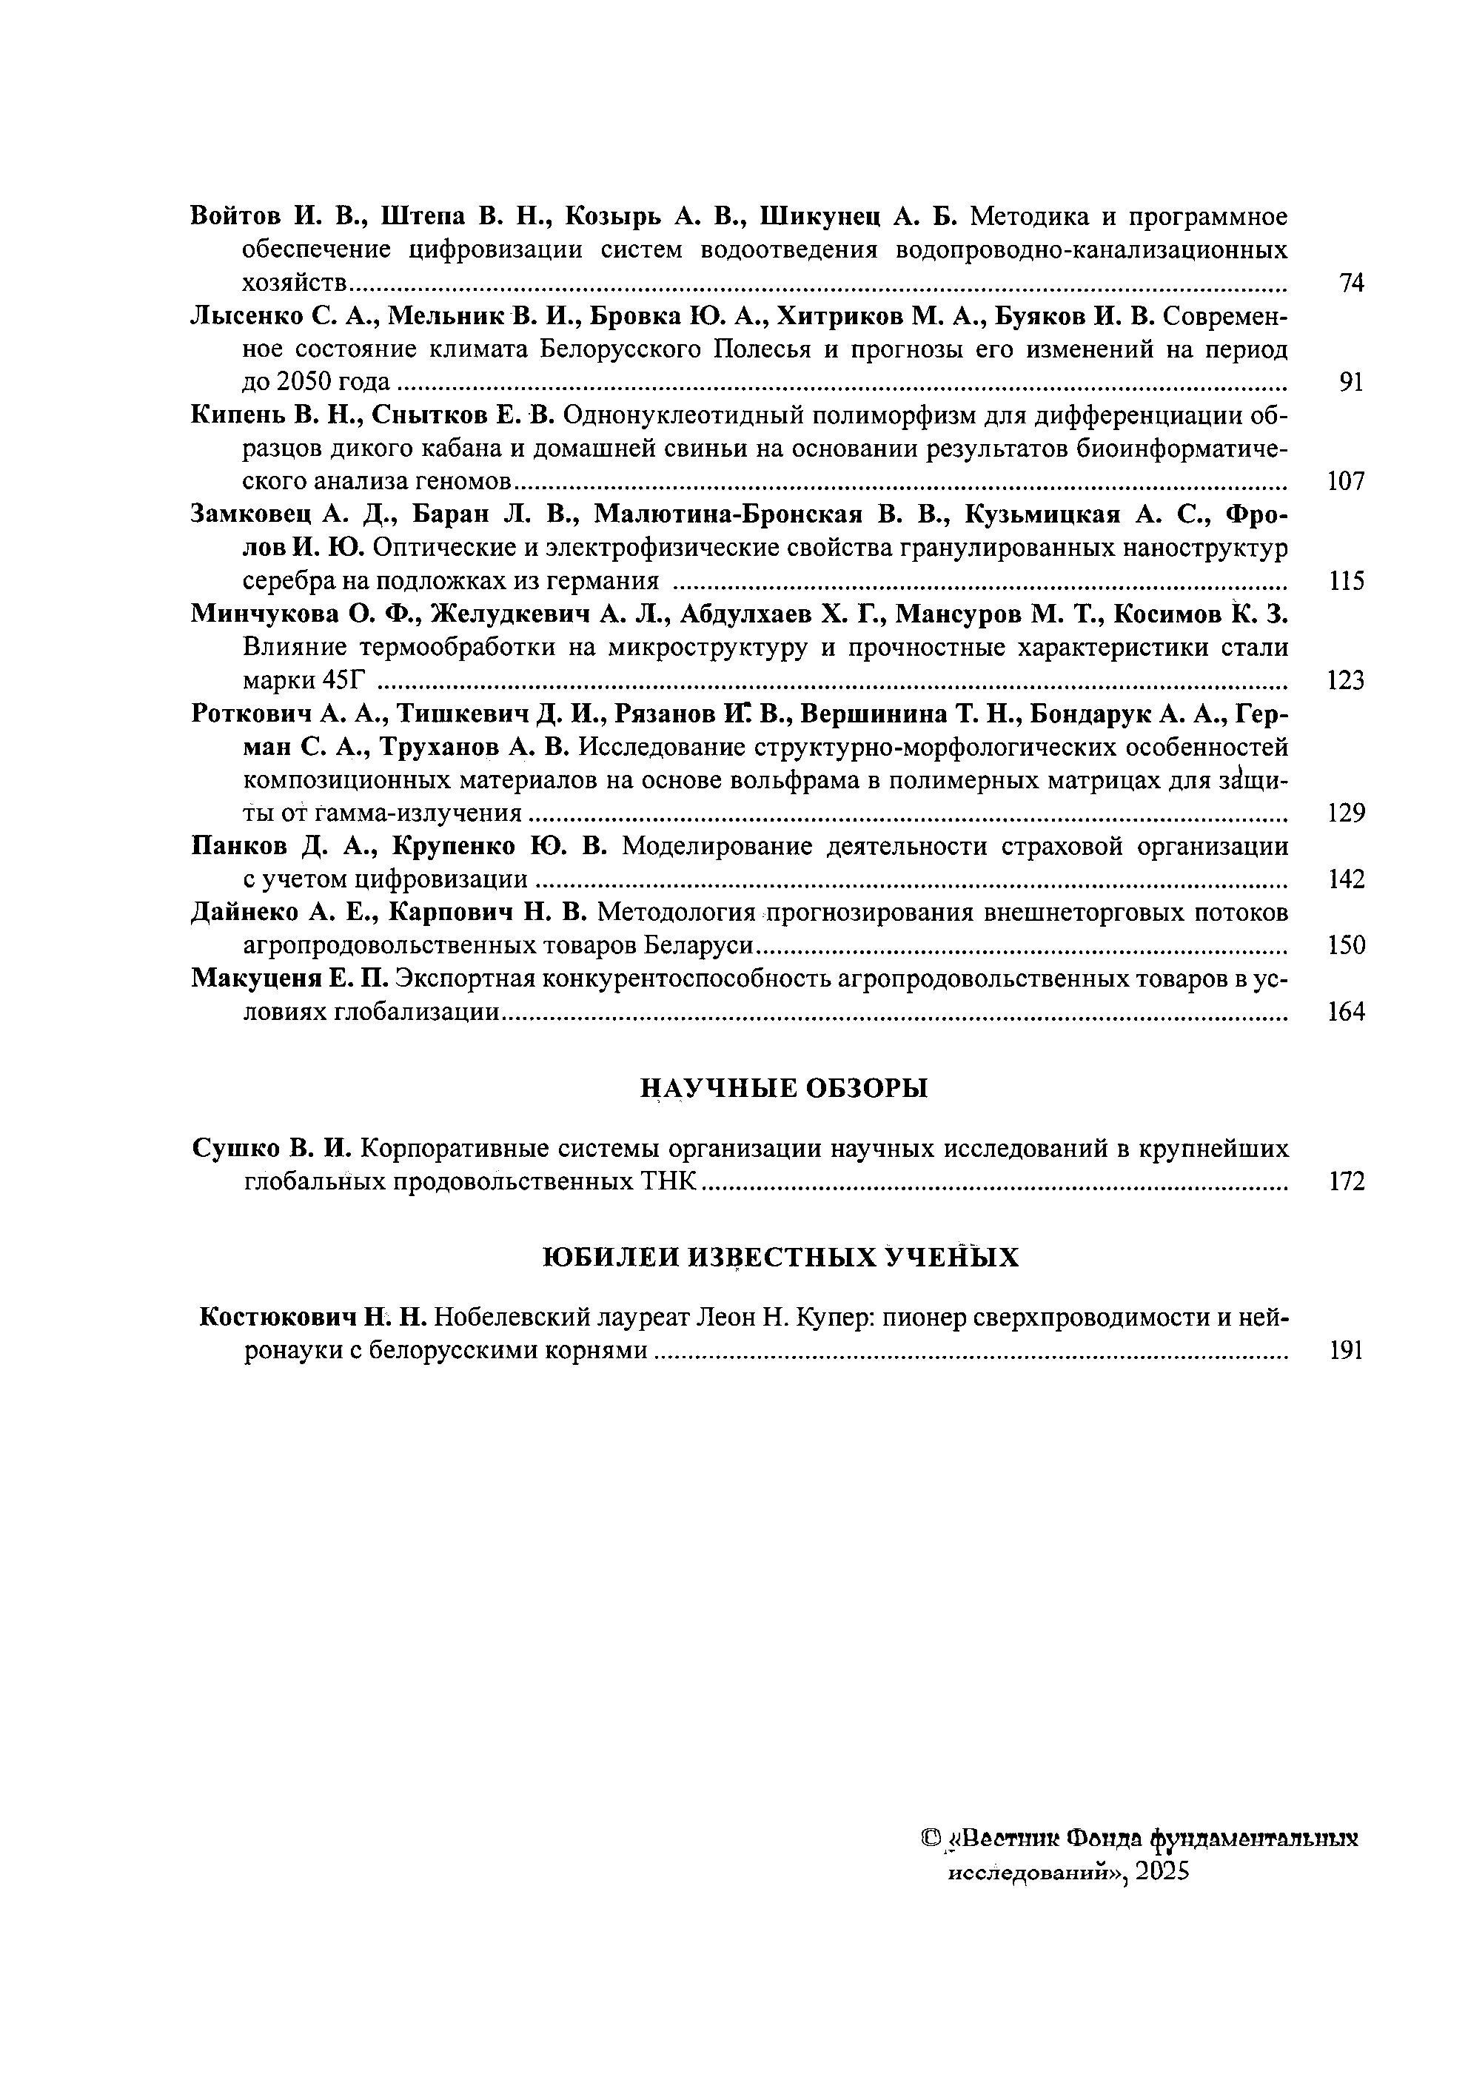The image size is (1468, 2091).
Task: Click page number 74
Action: point(1352,283)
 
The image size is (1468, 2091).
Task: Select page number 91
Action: point(1352,383)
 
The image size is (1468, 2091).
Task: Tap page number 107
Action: point(1346,482)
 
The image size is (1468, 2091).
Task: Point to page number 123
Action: point(1346,680)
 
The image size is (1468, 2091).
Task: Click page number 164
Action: point(1346,1012)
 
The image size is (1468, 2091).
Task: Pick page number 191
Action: point(1346,1351)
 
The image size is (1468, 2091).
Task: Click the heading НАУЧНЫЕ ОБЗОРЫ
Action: point(784,1087)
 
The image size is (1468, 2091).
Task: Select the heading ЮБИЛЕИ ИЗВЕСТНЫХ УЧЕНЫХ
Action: point(780,1258)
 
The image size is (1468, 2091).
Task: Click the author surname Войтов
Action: point(235,217)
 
